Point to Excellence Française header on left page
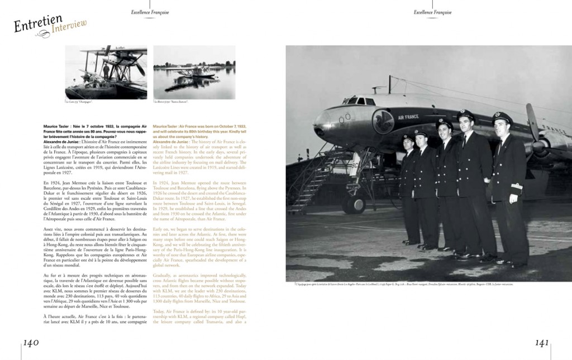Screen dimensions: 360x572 tap(150, 12)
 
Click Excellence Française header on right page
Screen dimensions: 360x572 tap(433, 12)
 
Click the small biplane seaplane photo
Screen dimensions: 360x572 tap(106, 72)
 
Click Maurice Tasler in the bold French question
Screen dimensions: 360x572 tap(55, 127)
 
